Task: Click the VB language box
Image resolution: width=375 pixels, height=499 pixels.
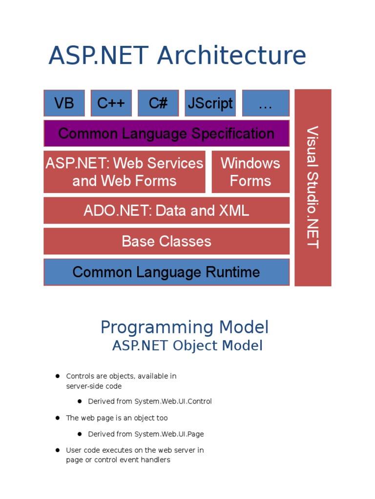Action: tap(64, 103)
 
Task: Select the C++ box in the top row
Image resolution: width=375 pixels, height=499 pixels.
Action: tap(111, 103)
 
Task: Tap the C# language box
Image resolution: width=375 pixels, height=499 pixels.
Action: tap(158, 103)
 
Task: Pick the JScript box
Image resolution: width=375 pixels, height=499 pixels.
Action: tap(210, 103)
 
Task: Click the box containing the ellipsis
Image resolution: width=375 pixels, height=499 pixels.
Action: tap(265, 103)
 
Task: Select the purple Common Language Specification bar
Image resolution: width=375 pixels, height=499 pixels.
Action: tap(166, 133)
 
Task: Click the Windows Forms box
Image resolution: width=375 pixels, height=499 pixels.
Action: tap(250, 172)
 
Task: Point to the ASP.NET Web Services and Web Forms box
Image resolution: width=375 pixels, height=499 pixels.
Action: tap(124, 172)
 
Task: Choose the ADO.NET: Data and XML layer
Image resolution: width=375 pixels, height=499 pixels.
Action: tap(166, 211)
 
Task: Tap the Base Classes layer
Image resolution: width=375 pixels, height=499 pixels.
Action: tap(166, 241)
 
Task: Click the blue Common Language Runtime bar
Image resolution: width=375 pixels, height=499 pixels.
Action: tap(166, 272)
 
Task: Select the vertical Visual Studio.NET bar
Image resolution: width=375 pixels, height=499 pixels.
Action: tap(313, 188)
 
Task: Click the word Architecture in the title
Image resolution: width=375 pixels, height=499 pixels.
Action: tap(231, 56)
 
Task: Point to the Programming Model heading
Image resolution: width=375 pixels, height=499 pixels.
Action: tap(185, 327)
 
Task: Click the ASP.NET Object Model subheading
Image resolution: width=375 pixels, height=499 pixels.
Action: tap(187, 345)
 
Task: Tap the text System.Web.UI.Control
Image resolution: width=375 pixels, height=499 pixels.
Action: tap(173, 402)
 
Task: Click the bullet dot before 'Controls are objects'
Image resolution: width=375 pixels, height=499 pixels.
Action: tap(57, 376)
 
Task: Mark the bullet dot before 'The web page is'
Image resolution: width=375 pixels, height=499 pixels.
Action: tap(57, 418)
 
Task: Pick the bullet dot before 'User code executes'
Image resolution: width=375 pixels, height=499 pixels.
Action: tap(57, 450)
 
